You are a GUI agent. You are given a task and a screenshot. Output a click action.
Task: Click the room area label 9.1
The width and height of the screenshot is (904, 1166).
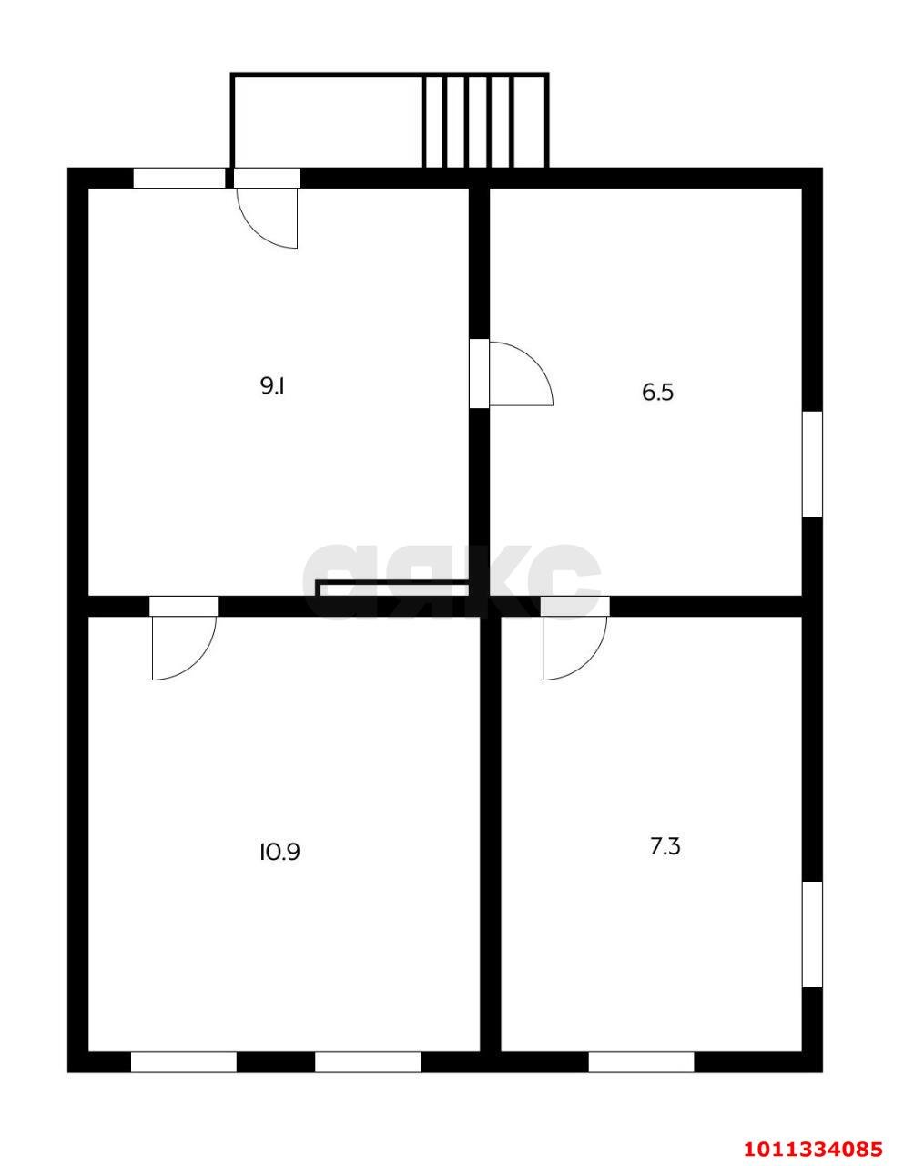click(x=272, y=386)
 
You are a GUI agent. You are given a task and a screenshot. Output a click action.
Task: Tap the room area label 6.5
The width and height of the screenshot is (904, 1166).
click(x=657, y=393)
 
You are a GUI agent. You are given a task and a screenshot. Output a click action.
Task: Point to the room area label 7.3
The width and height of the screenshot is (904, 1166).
click(x=665, y=847)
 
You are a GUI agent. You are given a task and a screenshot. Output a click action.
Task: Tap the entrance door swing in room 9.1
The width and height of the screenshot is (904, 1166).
click(x=267, y=218)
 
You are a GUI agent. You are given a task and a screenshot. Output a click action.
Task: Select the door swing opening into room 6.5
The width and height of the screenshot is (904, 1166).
click(x=521, y=373)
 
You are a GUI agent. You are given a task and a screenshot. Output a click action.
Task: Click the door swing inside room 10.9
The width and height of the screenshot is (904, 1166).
click(x=184, y=649)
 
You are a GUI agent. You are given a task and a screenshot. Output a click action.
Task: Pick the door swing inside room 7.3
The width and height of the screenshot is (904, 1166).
click(x=574, y=649)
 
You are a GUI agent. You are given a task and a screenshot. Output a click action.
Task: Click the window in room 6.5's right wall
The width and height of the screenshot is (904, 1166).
click(x=812, y=465)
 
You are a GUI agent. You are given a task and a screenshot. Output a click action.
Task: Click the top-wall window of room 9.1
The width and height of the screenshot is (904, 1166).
click(x=179, y=178)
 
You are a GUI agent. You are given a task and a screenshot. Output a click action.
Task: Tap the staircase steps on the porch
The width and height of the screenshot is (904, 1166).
click(x=484, y=121)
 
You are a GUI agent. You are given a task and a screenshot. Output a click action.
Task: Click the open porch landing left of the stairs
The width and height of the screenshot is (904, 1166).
click(x=326, y=122)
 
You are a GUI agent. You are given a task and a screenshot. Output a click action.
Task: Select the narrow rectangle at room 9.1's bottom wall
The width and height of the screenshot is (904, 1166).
click(x=392, y=588)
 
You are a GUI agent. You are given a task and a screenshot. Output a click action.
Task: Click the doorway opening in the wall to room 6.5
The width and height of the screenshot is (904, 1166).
click(x=479, y=373)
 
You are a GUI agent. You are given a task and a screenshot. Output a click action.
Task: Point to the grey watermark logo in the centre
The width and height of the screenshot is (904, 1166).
click(x=452, y=582)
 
